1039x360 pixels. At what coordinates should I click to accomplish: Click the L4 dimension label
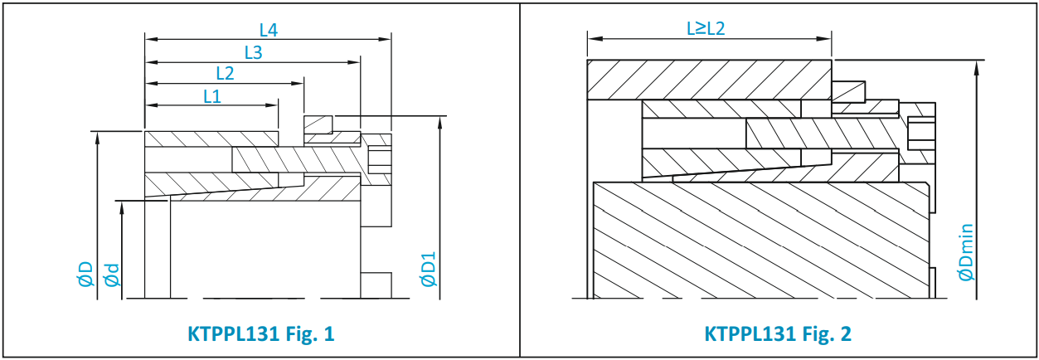268,30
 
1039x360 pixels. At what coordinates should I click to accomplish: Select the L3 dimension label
253,53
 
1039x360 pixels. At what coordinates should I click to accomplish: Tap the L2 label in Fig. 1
225,73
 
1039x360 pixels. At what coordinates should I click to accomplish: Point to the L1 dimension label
212,96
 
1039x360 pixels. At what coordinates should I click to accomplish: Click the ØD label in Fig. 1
85,275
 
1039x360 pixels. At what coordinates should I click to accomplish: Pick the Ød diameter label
112,275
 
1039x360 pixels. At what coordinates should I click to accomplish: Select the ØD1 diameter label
428,270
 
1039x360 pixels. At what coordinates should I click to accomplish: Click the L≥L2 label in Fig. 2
706,29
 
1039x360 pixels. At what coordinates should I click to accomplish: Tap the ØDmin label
966,252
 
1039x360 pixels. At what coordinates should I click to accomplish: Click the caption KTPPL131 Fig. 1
260,334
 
